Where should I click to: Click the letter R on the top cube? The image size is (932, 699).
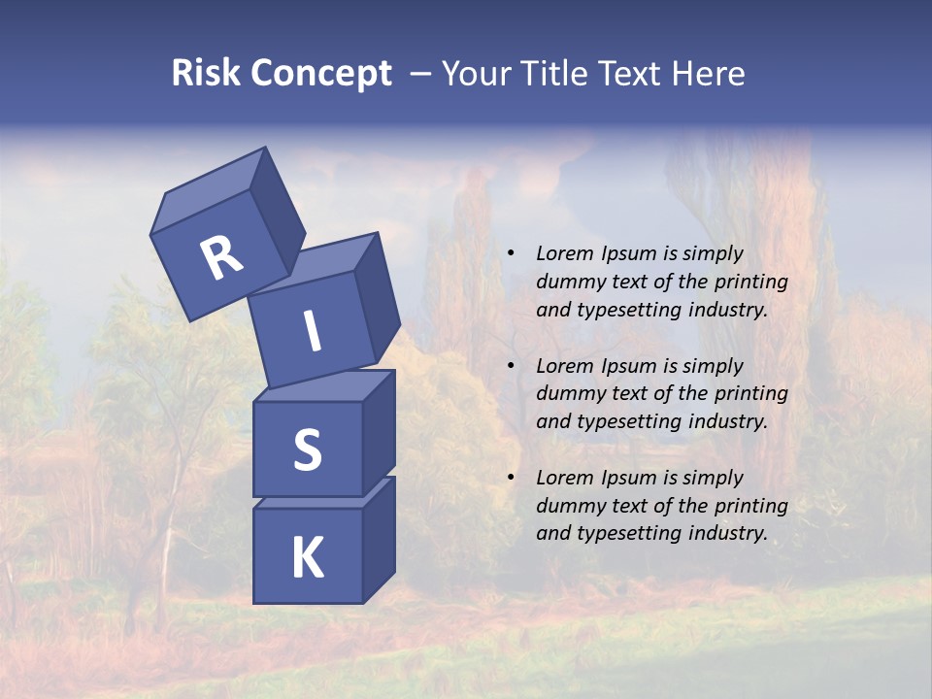221,258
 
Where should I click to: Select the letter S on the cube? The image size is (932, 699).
307,449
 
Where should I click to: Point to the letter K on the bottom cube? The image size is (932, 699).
307,558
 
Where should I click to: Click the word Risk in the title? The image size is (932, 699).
206,74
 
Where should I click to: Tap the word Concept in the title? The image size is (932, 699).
320,74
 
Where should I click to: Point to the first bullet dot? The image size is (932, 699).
511,254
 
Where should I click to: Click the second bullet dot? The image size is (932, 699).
511,367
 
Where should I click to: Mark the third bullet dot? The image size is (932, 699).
511,479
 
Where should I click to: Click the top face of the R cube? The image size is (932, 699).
209,189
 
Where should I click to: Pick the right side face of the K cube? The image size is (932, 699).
379,539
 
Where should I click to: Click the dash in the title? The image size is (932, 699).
421,74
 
